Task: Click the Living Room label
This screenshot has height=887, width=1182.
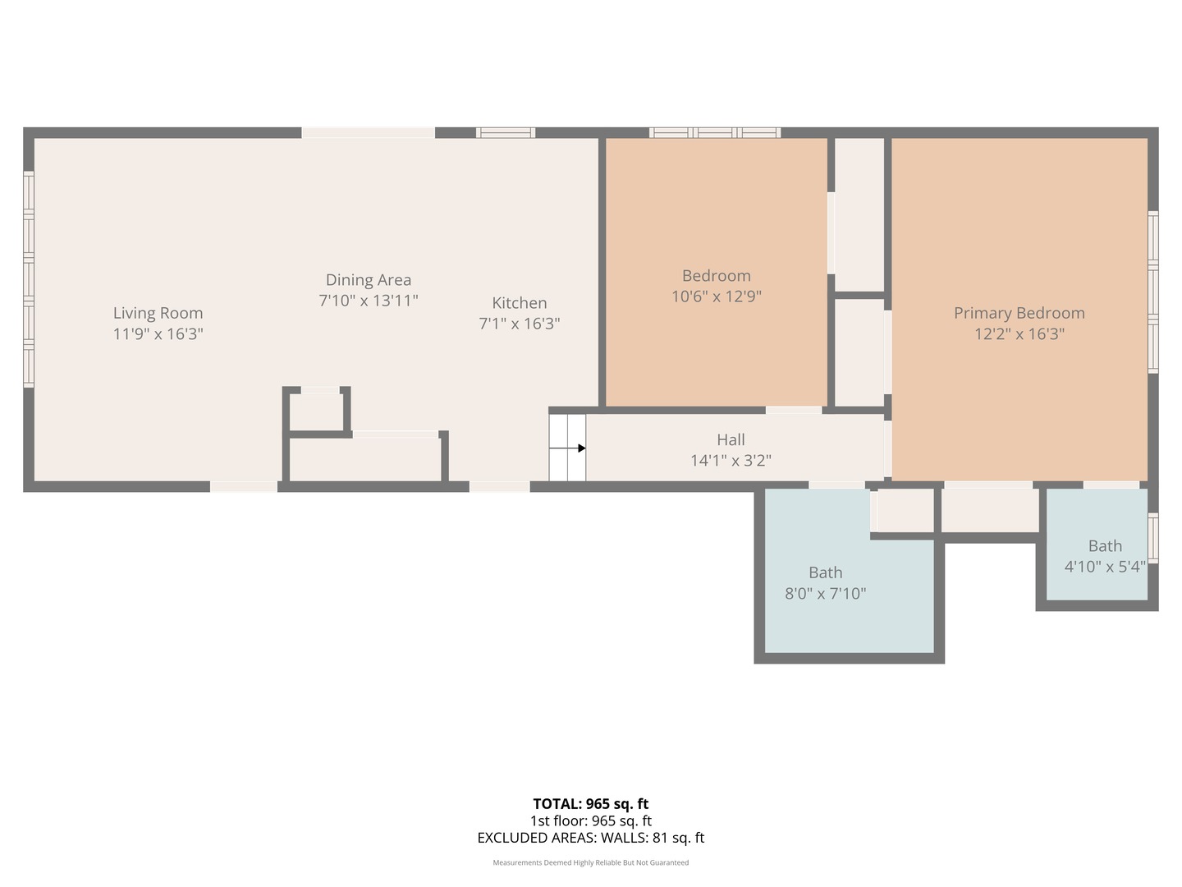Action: point(158,313)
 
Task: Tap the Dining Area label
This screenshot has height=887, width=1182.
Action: point(368,280)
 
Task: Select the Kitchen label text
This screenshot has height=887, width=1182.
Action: point(519,303)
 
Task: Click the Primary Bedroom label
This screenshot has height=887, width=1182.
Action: point(1019,313)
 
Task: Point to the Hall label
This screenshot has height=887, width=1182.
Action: point(731,439)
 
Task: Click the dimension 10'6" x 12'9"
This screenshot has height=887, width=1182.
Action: point(716,296)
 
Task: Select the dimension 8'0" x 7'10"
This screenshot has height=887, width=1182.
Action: point(825,593)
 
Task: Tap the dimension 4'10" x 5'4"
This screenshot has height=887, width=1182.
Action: point(1104,567)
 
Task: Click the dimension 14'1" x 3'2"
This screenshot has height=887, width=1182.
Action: point(731,461)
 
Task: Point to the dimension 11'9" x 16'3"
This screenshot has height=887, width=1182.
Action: point(158,334)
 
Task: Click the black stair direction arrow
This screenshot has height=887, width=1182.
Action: point(581,448)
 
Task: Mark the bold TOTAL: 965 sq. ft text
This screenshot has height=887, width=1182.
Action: point(590,804)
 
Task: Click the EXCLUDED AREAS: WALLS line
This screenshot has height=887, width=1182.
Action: point(590,838)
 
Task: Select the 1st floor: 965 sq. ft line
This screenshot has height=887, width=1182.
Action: point(590,820)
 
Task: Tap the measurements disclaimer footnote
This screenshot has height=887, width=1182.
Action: point(590,862)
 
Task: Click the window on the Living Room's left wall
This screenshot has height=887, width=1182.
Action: point(29,279)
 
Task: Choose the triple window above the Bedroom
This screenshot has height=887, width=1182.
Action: point(714,132)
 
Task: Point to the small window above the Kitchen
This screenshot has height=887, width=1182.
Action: point(506,132)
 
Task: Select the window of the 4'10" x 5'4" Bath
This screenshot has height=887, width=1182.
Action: point(1152,538)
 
